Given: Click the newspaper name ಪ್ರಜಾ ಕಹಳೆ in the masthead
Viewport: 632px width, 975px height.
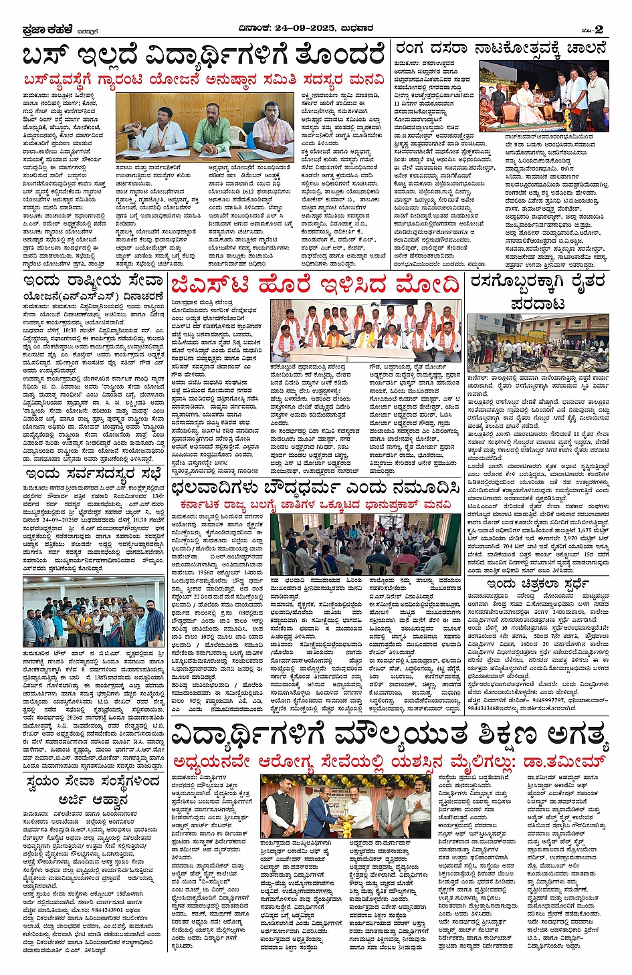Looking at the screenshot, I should [x=43, y=29].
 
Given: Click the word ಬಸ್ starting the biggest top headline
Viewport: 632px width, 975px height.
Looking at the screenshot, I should [x=46, y=56].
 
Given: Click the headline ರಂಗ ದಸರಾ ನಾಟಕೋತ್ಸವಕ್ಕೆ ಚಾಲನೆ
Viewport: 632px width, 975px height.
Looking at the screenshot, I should [x=501, y=49].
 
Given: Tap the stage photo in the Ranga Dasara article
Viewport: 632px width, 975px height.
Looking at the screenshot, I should [x=544, y=96].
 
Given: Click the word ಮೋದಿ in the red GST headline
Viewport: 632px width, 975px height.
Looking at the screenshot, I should [x=425, y=286].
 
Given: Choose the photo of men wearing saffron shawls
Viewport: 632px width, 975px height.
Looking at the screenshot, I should [x=365, y=330].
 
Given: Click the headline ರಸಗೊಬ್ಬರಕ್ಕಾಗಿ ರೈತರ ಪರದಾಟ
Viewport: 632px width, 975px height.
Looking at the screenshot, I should [x=538, y=292].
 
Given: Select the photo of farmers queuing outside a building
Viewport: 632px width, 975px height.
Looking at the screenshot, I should [x=538, y=343].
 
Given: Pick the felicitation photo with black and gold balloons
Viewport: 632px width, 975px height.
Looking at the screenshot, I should [x=344, y=806].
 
